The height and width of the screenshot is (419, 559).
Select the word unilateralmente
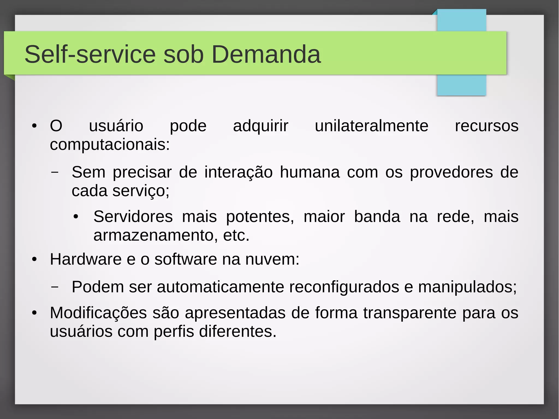pyautogui.click(x=371, y=126)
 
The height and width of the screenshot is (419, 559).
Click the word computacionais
pyautogui.click(x=110, y=145)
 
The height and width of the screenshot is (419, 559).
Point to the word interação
pyautogui.click(x=238, y=172)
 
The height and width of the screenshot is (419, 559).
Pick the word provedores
pyautogui.click(x=451, y=172)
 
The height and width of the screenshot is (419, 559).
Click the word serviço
pyautogui.click(x=141, y=191)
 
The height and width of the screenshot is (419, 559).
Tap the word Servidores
pyautogui.click(x=133, y=217)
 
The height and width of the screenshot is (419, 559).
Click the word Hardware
pyautogui.click(x=86, y=259)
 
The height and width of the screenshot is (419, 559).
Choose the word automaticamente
pyautogui.click(x=220, y=287)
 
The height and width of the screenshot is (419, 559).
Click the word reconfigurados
pyautogui.click(x=344, y=287)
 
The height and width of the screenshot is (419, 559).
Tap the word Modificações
pyautogui.click(x=98, y=313)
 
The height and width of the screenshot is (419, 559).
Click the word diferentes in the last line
pyautogui.click(x=237, y=331)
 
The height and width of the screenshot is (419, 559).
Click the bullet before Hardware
pyautogui.click(x=34, y=259)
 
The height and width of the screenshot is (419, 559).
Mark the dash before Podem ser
pyautogui.click(x=55, y=287)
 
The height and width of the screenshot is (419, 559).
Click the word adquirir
pyautogui.click(x=260, y=126)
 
